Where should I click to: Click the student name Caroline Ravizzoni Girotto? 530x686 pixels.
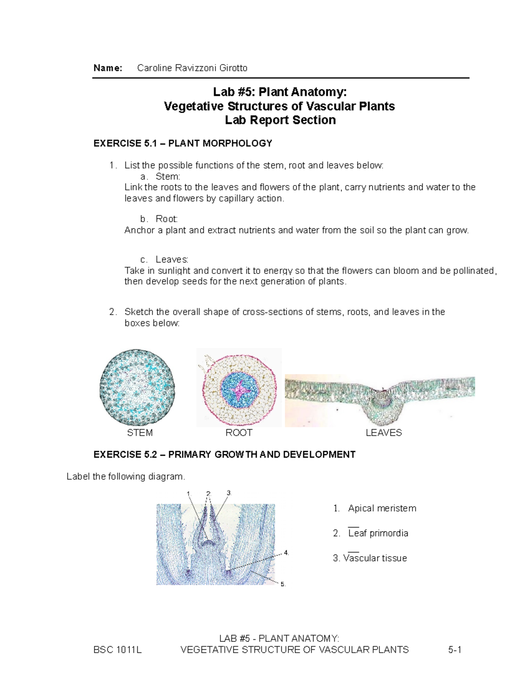[192, 68]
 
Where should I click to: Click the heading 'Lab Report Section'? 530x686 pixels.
[280, 120]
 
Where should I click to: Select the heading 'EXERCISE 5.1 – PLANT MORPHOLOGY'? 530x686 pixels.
[183, 144]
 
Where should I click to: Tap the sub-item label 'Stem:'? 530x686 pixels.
[168, 176]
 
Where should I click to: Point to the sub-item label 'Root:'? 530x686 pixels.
[167, 219]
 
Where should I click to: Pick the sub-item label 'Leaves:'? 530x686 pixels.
[172, 259]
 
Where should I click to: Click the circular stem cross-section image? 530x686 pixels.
[137, 387]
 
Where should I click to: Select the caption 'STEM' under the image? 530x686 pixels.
[140, 433]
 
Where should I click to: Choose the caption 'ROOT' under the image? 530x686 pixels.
[238, 433]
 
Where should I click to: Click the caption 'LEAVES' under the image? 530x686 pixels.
[383, 433]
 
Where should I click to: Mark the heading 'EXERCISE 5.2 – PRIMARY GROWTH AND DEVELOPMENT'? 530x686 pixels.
[224, 455]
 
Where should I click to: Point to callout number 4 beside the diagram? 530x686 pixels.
[286, 553]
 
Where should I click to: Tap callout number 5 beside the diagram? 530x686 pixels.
[283, 584]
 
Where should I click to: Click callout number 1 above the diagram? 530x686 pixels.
[188, 493]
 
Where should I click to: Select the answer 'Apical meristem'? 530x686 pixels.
[382, 508]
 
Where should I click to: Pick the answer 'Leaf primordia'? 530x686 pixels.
[378, 533]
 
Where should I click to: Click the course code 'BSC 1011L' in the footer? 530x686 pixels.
[117, 650]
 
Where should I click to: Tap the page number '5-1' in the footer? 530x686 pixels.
[454, 650]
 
